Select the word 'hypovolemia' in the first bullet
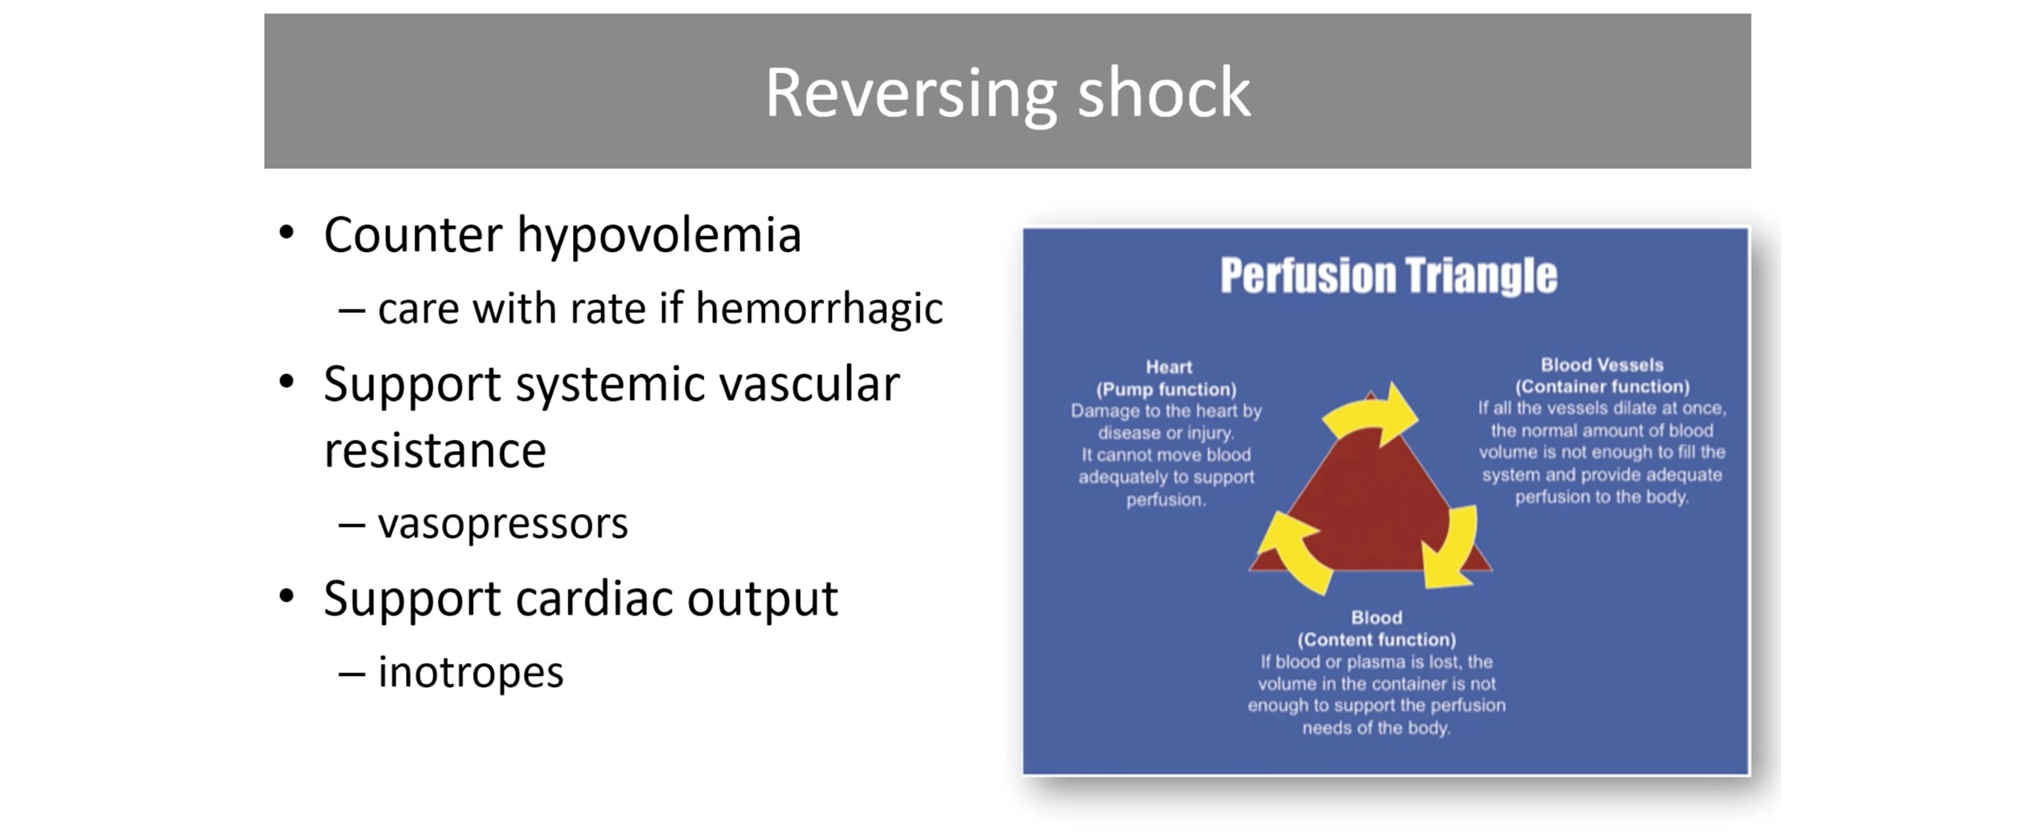(658, 236)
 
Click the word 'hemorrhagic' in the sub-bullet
(818, 309)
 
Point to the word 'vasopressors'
(503, 524)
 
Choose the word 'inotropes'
(471, 673)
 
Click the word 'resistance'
(435, 451)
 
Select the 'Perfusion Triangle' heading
(1388, 275)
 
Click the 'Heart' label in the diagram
(1168, 366)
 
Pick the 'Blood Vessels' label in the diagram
(1601, 364)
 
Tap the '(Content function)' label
(1376, 639)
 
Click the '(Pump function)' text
(1166, 388)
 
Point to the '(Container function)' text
(1601, 386)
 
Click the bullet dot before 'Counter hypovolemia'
(287, 233)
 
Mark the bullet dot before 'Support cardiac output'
(287, 597)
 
